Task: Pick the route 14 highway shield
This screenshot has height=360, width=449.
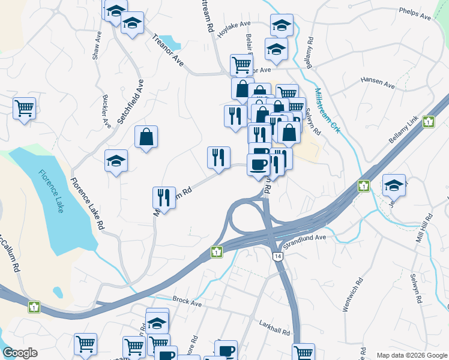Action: point(277,256)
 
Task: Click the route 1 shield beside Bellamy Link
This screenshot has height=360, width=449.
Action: point(428,121)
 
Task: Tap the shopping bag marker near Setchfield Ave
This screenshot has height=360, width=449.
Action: point(146,137)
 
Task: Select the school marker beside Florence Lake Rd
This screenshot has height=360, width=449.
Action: point(116,161)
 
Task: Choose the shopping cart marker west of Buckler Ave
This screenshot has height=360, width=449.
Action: point(25,109)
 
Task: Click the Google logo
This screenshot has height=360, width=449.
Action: point(20,353)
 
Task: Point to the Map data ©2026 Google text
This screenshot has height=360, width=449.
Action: point(411,355)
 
